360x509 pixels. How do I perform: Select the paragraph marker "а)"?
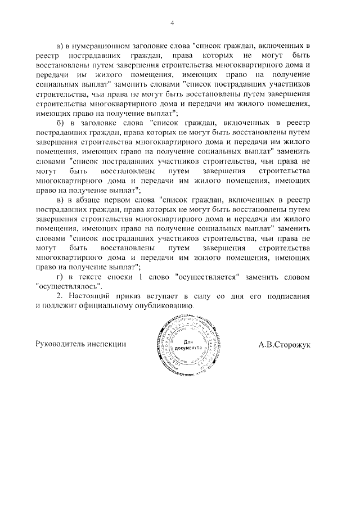(62, 44)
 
